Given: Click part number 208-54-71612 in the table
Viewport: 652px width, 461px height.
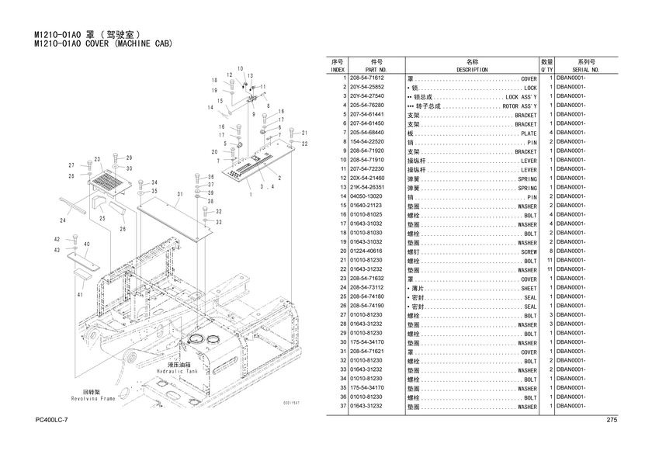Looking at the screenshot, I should pyautogui.click(x=368, y=79).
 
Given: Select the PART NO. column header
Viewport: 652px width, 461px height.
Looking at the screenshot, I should pyautogui.click(x=376, y=70).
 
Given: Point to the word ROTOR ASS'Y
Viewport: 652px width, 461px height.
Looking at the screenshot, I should pyautogui.click(x=519, y=106).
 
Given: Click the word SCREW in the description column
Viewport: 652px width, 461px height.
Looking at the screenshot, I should pyautogui.click(x=528, y=251).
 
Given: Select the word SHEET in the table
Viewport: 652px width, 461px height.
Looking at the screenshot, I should pyautogui.click(x=528, y=288).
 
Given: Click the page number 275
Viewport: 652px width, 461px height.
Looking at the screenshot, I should pyautogui.click(x=611, y=421).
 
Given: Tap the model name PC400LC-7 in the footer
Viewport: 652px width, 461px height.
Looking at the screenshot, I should pyautogui.click(x=52, y=421).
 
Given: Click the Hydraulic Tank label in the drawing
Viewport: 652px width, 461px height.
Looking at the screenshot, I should pyautogui.click(x=177, y=372).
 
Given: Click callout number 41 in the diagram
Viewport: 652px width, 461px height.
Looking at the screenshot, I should pyautogui.click(x=79, y=295).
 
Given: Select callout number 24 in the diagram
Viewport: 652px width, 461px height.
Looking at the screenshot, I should pyautogui.click(x=62, y=221).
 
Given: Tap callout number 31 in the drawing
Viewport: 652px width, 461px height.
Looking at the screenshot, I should pyautogui.click(x=179, y=194).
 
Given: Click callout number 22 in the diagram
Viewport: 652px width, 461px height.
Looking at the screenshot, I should pyautogui.click(x=305, y=144).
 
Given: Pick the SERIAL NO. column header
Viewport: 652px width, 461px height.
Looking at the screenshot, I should pyautogui.click(x=585, y=70).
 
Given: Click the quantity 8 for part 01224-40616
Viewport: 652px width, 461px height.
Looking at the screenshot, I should pyautogui.click(x=550, y=251).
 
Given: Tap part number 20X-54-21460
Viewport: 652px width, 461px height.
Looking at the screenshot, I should pyautogui.click(x=367, y=179).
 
